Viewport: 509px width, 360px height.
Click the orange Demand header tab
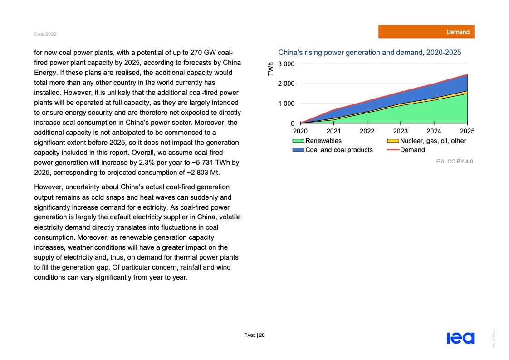pos(426,32)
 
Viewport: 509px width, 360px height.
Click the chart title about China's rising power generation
pos(369,53)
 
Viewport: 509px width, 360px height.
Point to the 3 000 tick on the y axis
pos(286,64)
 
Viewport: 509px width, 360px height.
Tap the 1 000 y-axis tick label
pos(286,104)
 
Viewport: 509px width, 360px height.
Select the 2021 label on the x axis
pos(334,132)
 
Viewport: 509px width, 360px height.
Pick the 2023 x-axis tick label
pos(401,132)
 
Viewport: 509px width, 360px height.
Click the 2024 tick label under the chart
pos(434,132)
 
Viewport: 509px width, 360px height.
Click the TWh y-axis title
pos(271,69)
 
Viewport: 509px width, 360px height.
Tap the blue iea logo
pos(460,338)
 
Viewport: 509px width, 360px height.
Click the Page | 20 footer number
pos(254,335)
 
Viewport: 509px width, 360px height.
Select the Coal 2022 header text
pos(45,35)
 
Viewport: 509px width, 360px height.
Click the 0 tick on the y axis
pos(292,123)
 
